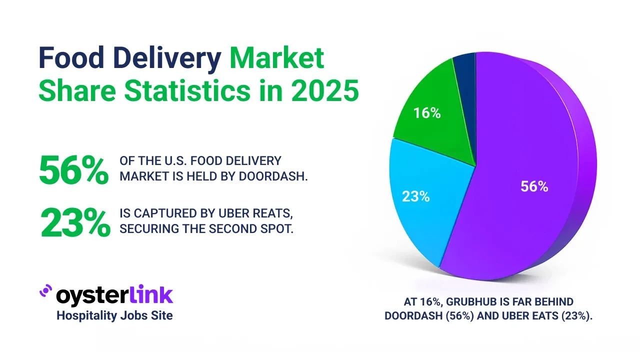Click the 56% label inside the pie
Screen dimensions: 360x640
[x=534, y=186]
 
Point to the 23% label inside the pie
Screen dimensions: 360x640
[x=416, y=196]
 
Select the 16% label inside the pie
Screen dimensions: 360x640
[x=427, y=113]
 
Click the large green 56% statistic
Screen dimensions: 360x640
[x=73, y=170]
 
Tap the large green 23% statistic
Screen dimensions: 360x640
[x=75, y=222]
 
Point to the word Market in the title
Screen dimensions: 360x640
[x=277, y=59]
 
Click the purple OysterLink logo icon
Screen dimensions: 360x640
[x=46, y=290]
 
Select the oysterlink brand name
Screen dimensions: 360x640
[x=114, y=295]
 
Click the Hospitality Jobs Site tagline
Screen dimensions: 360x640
[x=114, y=315]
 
